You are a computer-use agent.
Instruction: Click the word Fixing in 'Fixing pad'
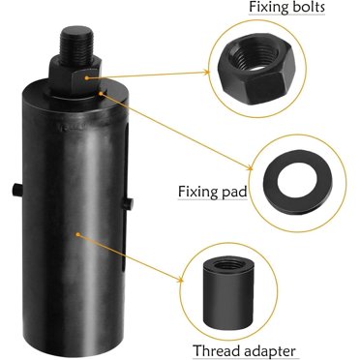pos(199,192)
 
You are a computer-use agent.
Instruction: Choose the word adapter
pos(268,350)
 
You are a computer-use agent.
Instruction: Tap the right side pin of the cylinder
pos(129,201)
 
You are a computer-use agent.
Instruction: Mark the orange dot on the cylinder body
pos(78,232)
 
